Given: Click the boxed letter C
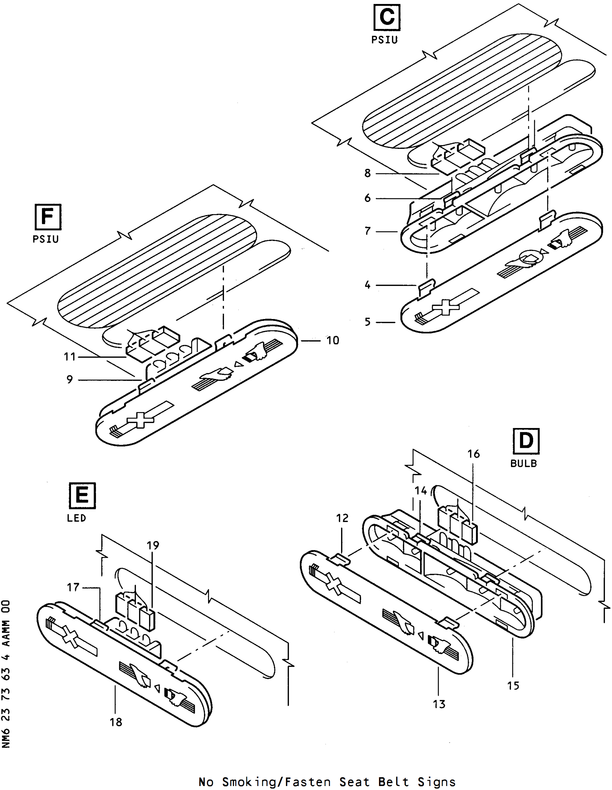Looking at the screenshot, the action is pyautogui.click(x=387, y=17).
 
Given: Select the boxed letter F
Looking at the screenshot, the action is pyautogui.click(x=48, y=217).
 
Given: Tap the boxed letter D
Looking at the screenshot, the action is pyautogui.click(x=526, y=441).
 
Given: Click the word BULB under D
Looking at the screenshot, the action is pyautogui.click(x=523, y=464).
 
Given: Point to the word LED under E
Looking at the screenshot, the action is pyautogui.click(x=77, y=518).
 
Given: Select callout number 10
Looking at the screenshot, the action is pyautogui.click(x=333, y=340).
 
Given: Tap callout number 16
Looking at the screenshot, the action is pyautogui.click(x=473, y=454).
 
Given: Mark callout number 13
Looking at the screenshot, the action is pyautogui.click(x=439, y=704).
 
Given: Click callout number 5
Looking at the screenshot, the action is pyautogui.click(x=368, y=322).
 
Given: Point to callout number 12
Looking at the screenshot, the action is pyautogui.click(x=342, y=518).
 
